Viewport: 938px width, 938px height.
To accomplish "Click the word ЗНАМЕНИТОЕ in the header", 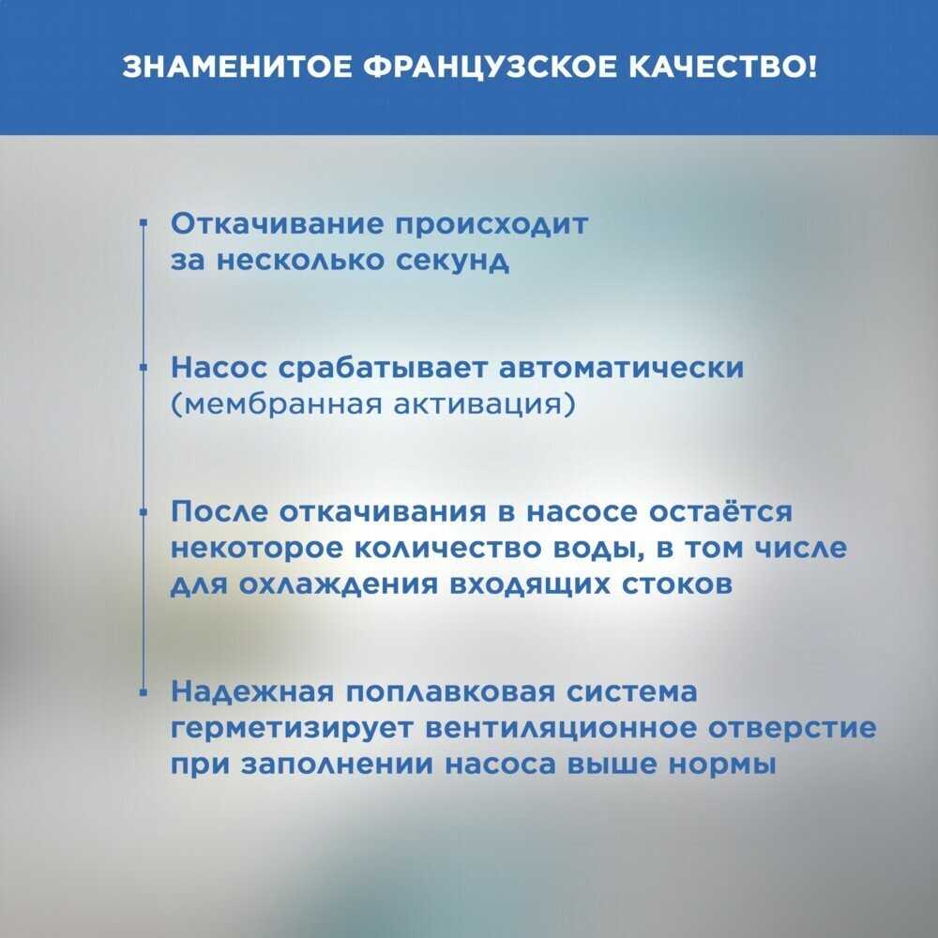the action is click(237, 68).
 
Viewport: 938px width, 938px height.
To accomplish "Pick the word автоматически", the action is click(622, 368).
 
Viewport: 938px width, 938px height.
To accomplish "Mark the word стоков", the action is click(676, 585).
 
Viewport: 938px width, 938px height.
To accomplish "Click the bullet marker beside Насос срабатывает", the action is click(143, 368).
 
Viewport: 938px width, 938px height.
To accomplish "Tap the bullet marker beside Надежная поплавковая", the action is click(143, 692).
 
